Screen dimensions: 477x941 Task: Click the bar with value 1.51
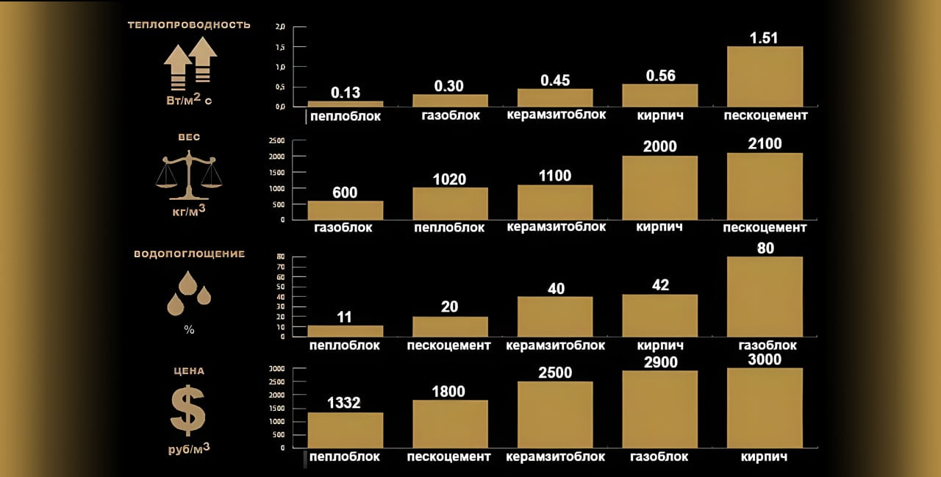point(765,76)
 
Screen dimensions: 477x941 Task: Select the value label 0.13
point(346,93)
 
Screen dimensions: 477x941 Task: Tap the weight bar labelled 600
point(345,210)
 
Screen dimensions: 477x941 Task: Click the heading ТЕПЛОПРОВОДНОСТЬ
point(189,25)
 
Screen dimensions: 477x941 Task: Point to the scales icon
point(190,175)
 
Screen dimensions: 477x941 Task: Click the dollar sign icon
point(188,410)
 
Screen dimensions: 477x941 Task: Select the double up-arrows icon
point(190,64)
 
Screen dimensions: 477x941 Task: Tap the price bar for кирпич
point(765,407)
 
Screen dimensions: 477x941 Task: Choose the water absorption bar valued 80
point(765,296)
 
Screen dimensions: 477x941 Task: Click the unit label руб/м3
point(189,448)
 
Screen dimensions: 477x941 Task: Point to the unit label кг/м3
point(189,211)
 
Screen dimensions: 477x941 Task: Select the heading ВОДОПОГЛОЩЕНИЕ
point(189,254)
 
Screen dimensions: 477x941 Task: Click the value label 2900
point(659,362)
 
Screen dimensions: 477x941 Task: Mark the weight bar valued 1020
point(450,204)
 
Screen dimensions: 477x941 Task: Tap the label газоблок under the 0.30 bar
point(450,115)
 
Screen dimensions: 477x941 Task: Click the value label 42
point(660,285)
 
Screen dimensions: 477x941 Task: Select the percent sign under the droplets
point(189,330)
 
